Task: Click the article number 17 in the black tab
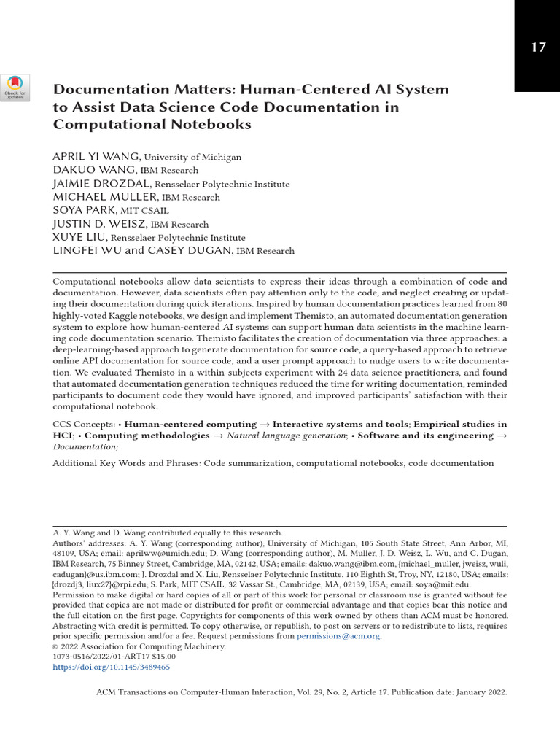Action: click(x=537, y=48)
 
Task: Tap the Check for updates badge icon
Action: click(x=15, y=88)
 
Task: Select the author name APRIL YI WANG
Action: click(x=97, y=157)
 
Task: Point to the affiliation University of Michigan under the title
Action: click(x=192, y=158)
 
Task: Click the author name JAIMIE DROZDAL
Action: click(x=101, y=184)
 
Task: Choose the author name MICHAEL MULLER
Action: click(x=105, y=197)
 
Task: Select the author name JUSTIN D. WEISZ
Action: click(x=100, y=224)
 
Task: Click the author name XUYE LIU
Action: click(x=80, y=238)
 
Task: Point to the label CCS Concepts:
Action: click(x=84, y=425)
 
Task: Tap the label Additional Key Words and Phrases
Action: click(x=126, y=463)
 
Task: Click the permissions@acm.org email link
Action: click(x=338, y=636)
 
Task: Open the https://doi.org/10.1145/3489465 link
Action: click(x=112, y=667)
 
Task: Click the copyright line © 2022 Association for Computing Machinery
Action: click(x=139, y=646)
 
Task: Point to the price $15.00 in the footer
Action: click(x=161, y=657)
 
